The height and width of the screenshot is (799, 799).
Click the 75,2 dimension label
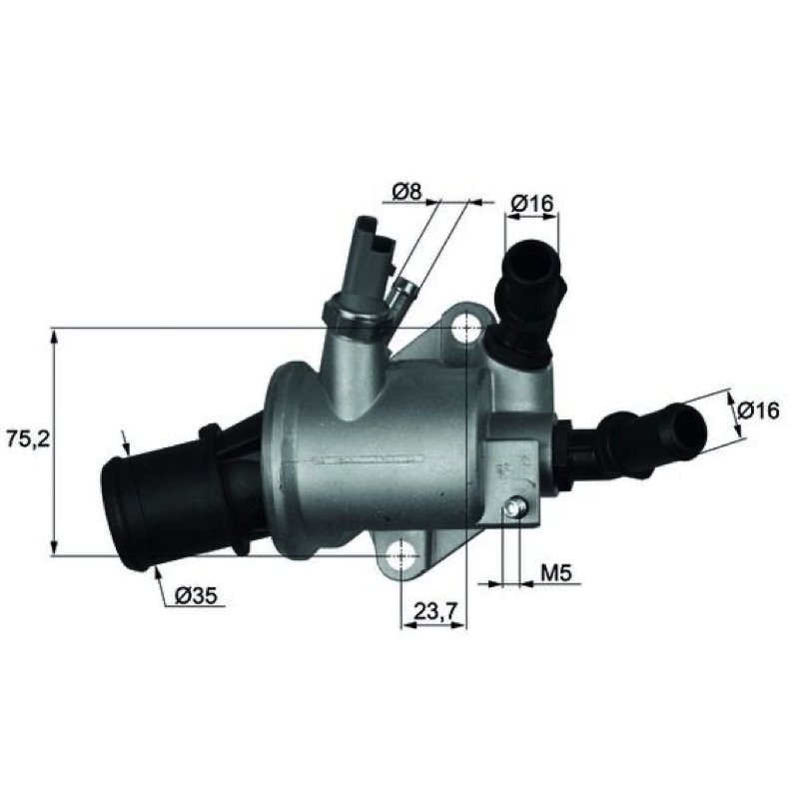pos(28,439)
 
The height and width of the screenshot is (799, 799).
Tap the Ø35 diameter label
pos(196,595)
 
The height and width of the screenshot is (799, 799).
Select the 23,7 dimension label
pos(435,610)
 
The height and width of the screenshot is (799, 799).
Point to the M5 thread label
pos(556,573)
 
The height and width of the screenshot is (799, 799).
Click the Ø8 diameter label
pos(407,192)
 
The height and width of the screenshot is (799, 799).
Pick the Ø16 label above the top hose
pos(532,204)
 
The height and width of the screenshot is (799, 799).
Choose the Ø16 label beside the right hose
pos(758,410)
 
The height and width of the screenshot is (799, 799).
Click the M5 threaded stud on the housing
pos(514,509)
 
